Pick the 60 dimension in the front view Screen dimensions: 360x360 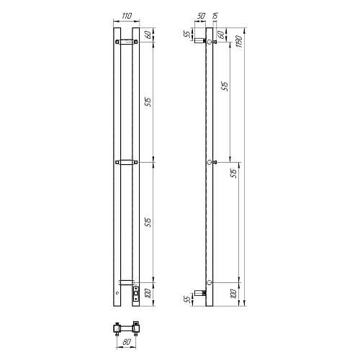(148, 35)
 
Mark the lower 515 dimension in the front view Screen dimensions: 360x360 (148, 222)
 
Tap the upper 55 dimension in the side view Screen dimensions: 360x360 (186, 34)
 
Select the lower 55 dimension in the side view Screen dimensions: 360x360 (186, 298)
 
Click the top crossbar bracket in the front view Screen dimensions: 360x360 (125, 42)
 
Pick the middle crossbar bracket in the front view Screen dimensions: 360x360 (125, 163)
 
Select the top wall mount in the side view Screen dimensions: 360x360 (201, 43)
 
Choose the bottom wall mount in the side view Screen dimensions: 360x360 (201, 292)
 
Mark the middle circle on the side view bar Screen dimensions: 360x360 (210, 163)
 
